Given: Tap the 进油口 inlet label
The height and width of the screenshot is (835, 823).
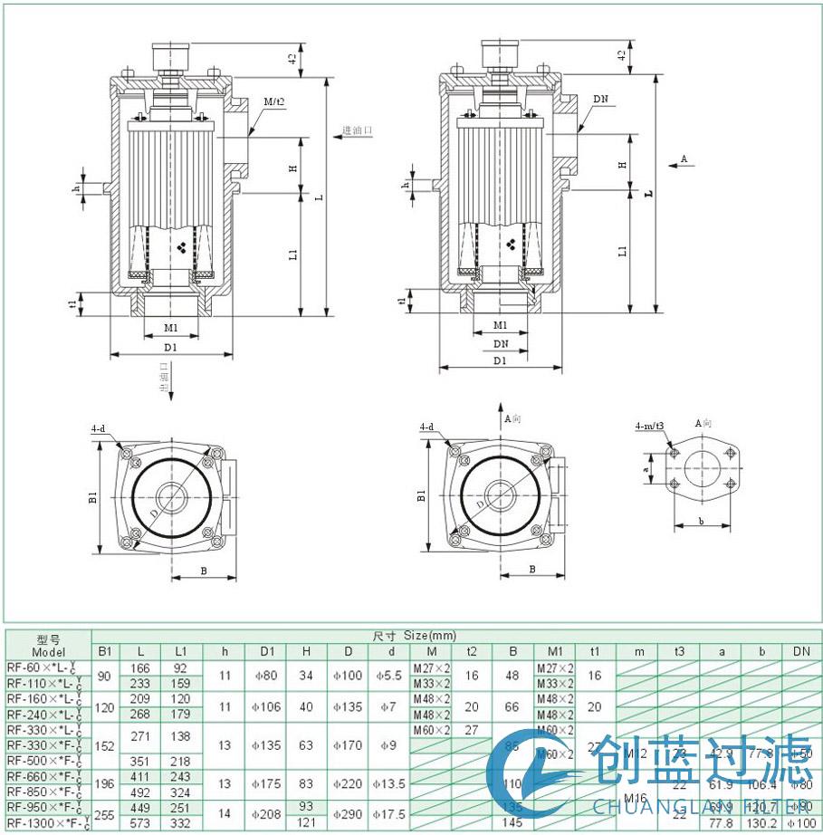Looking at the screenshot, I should [x=357, y=130].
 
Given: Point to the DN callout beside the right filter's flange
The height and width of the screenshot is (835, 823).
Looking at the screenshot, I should [x=601, y=98].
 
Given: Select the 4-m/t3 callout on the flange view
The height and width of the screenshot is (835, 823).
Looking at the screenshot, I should [x=649, y=425].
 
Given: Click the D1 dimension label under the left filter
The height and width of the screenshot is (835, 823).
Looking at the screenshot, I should [x=170, y=347].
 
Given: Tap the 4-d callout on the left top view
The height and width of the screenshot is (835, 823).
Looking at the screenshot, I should [x=97, y=427].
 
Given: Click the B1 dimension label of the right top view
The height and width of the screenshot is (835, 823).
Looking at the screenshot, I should [x=421, y=495].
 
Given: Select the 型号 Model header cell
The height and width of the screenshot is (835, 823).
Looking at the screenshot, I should [x=48, y=645].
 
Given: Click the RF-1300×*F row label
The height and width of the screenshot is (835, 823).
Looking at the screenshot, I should [x=47, y=823].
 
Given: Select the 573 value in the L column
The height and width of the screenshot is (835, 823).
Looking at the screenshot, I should [x=139, y=823].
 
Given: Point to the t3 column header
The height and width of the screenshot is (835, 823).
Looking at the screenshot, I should [x=680, y=651].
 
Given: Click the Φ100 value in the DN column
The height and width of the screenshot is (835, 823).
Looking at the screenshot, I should [x=800, y=823].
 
